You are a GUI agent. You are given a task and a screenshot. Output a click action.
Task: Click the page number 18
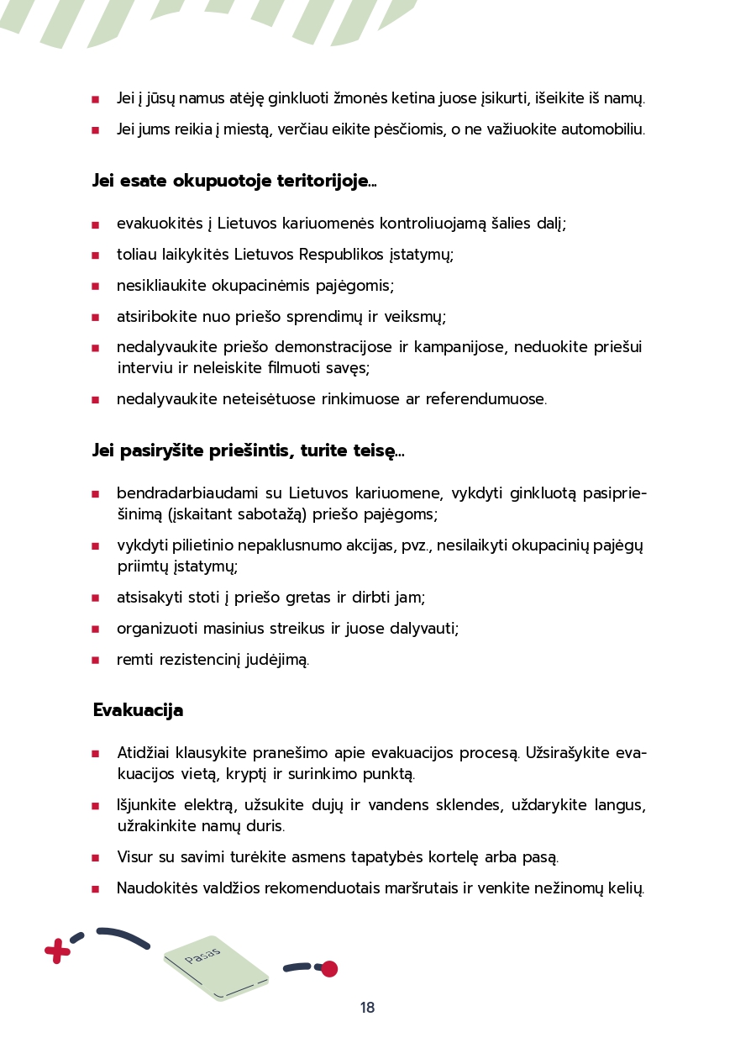pyautogui.click(x=367, y=1008)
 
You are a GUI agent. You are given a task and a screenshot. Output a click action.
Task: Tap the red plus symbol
pyautogui.click(x=57, y=951)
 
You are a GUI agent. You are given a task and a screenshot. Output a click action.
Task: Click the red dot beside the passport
pyautogui.click(x=329, y=969)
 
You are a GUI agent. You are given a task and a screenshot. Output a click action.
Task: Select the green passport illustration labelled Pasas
pyautogui.click(x=216, y=967)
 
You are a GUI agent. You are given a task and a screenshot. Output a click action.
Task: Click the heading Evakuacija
pyautogui.click(x=138, y=710)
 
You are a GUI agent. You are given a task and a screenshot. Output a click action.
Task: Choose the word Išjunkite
pyautogui.click(x=150, y=805)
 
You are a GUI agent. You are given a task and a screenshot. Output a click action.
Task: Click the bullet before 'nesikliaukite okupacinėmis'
pyautogui.click(x=96, y=287)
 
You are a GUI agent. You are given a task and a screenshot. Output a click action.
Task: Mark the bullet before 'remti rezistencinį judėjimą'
pyautogui.click(x=96, y=661)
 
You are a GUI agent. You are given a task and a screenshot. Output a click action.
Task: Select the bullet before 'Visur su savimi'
pyautogui.click(x=96, y=858)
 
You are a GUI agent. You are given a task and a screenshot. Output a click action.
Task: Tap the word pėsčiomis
pyautogui.click(x=402, y=129)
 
